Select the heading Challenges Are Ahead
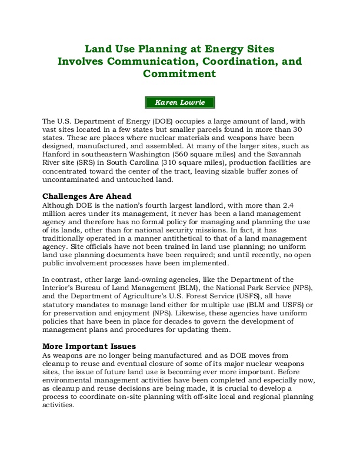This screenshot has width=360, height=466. pyautogui.click(x=86, y=196)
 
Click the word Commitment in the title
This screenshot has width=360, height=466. pyautogui.click(x=179, y=74)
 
